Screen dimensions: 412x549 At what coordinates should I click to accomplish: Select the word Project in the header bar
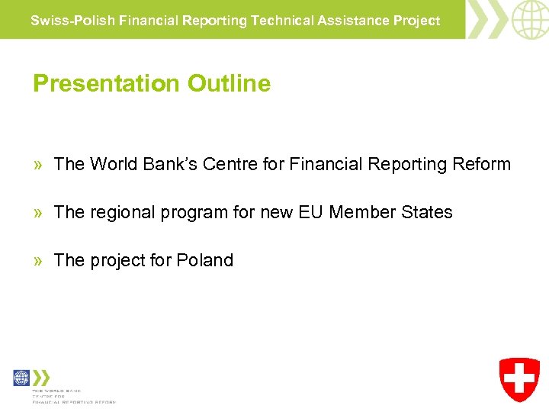pos(416,21)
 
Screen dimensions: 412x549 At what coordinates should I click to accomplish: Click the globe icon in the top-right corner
pos(529,19)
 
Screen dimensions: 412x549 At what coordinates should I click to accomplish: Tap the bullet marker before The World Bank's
pos(38,165)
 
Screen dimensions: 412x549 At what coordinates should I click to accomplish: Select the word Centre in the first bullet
pos(226,164)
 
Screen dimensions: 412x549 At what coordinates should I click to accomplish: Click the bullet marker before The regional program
pos(38,213)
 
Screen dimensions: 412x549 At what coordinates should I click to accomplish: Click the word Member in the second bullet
pos(361,212)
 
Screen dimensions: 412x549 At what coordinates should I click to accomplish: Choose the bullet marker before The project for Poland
pos(38,261)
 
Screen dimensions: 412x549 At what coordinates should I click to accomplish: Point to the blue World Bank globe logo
pos(21,378)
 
